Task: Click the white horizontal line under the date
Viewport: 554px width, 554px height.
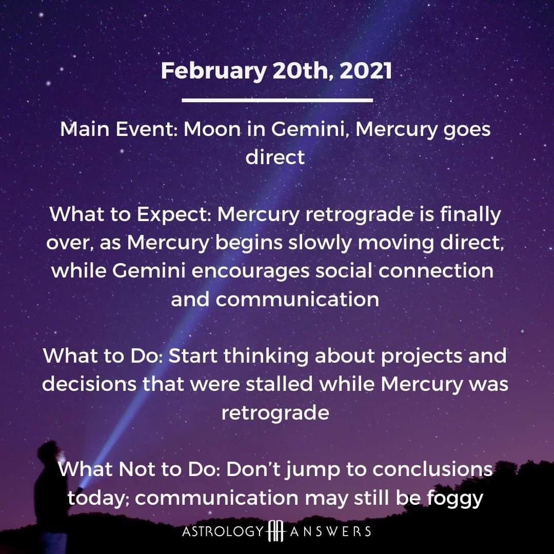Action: point(278,101)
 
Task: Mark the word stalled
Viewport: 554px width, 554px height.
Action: point(279,384)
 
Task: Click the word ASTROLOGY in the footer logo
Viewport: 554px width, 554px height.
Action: point(223,531)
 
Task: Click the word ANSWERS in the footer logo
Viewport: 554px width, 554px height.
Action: point(330,531)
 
